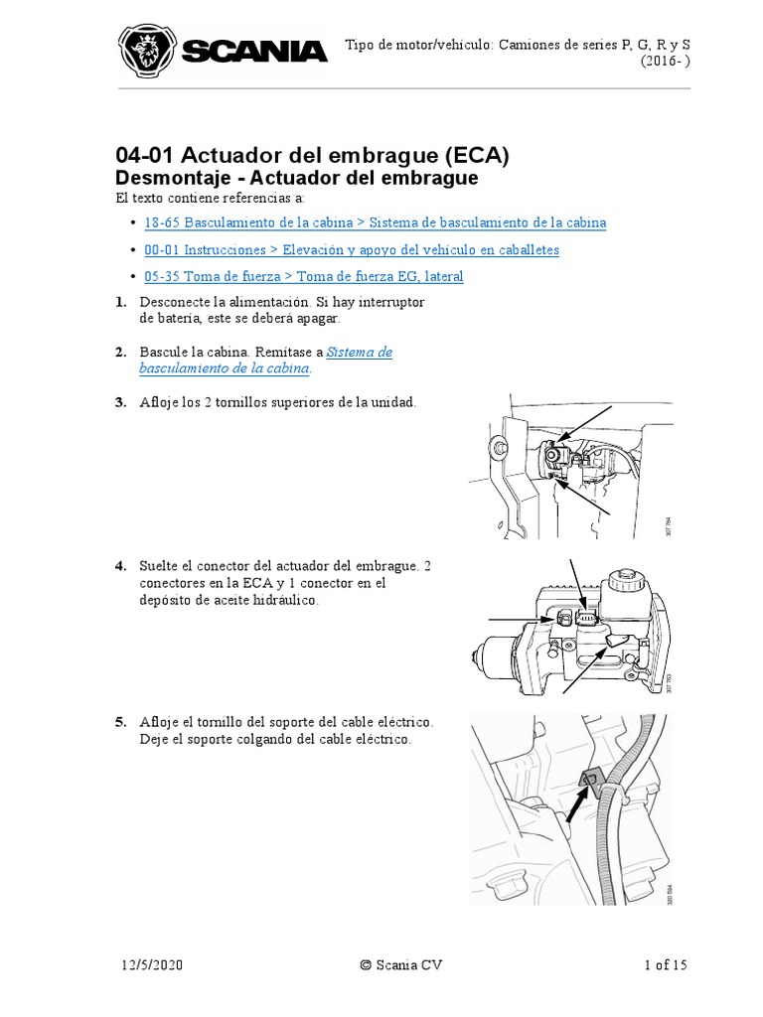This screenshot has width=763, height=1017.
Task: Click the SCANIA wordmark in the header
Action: tap(254, 53)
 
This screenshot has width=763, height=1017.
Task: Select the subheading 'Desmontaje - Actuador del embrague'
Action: tap(297, 179)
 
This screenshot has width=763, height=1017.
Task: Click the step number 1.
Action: tap(120, 302)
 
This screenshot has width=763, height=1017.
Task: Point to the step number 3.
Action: tap(120, 402)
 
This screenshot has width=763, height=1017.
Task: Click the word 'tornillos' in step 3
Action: tap(248, 402)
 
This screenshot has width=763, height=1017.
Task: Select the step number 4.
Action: tap(120, 566)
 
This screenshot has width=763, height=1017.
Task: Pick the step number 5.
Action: tap(120, 723)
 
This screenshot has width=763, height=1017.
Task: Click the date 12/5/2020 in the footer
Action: tap(148, 964)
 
